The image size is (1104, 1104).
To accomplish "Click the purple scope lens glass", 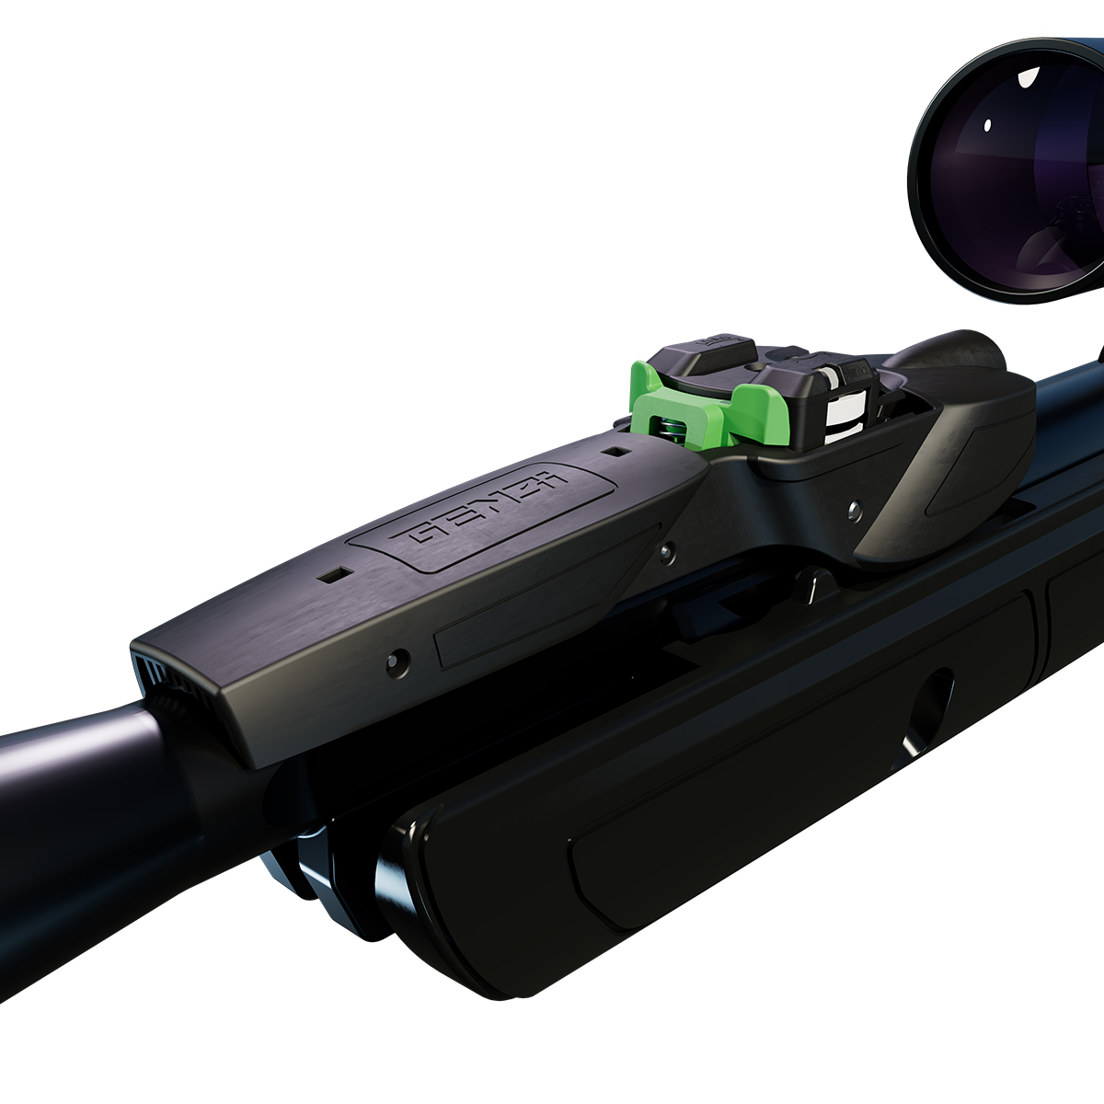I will click(x=1012, y=175).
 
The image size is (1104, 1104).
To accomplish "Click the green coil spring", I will click(x=669, y=427).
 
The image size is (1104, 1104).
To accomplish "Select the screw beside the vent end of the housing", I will click(x=398, y=660).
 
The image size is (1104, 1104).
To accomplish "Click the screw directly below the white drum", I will click(x=855, y=507).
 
